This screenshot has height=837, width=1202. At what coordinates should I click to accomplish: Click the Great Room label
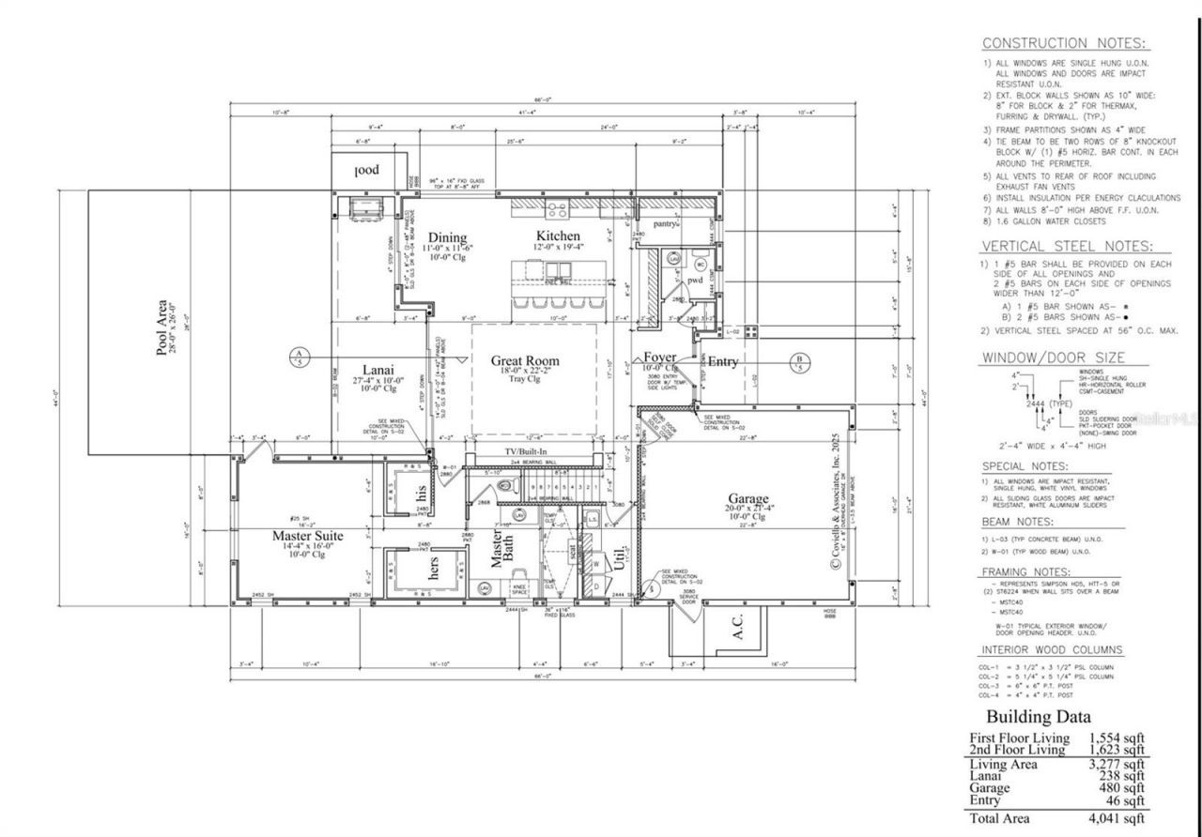(524, 360)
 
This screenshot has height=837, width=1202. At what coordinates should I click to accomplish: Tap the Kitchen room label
(559, 236)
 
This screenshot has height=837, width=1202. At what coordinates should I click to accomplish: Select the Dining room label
(447, 236)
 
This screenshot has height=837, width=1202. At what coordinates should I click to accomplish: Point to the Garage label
(748, 498)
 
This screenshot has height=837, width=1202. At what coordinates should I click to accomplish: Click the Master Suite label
(307, 536)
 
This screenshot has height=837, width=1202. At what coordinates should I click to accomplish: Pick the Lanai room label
(378, 369)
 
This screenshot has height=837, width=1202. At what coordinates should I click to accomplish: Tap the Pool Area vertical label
(162, 328)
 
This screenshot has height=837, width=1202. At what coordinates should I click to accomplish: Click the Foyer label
(659, 358)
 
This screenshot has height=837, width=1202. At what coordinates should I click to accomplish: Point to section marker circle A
(298, 358)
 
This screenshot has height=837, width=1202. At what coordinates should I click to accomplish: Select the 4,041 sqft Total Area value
(1117, 819)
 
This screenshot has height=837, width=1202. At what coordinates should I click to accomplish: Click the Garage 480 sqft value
(1117, 788)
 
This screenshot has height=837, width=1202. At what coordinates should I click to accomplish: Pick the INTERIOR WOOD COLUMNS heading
(1052, 649)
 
